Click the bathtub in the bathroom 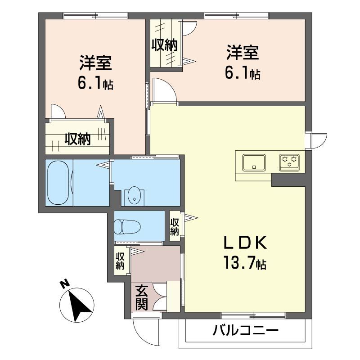coord(58,183)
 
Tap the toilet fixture coord(127,227)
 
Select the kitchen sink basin coord(254,162)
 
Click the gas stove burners coord(289,162)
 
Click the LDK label coord(245,243)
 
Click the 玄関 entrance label coord(142,297)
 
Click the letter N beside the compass coord(65,284)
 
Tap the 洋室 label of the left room coord(96,63)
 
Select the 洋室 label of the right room coord(243,53)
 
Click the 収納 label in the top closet coord(164,45)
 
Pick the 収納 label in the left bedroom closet coord(77,139)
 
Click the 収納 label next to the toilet coord(175,227)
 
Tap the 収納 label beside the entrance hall coord(120,261)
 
